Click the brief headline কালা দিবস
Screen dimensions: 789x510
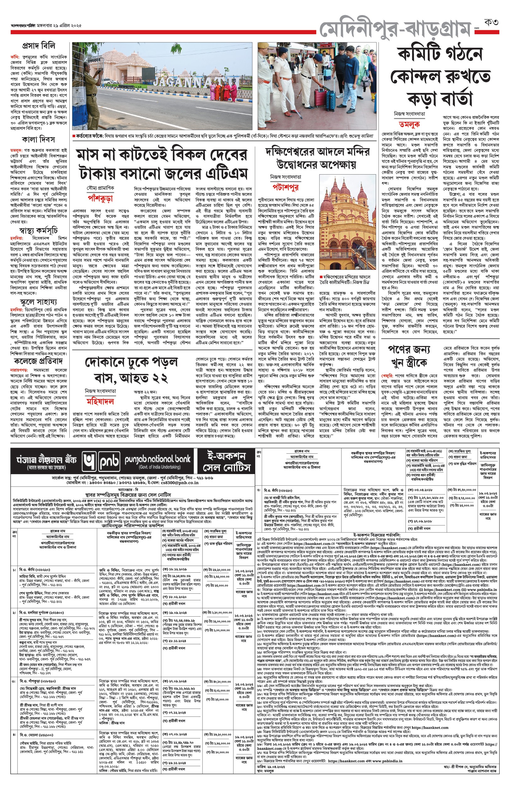[38, 139]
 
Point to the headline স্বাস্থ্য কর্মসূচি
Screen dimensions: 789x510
[38, 230]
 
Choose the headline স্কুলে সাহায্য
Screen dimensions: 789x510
[38, 302]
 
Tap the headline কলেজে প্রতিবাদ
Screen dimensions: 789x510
[38, 361]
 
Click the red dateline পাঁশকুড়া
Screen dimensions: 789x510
[100, 198]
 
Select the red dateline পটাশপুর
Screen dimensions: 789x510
[286, 187]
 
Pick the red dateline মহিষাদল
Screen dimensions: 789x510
[100, 402]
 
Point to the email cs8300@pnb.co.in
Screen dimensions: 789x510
[180, 483]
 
